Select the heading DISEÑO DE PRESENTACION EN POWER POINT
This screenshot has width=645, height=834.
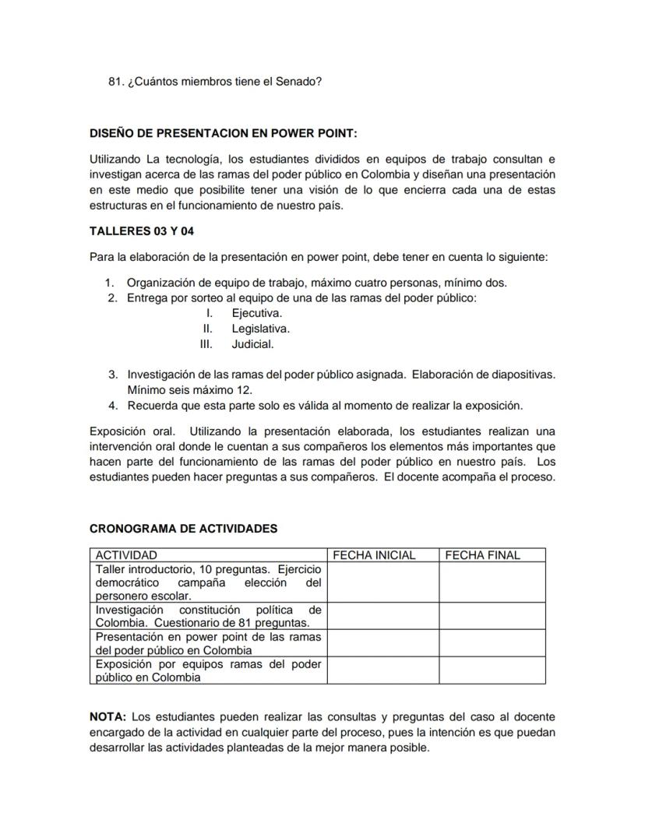pos(224,133)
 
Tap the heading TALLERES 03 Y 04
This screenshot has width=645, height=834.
pos(142,231)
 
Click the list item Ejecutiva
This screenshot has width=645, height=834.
pos(256,313)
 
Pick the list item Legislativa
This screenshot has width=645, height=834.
pos(260,329)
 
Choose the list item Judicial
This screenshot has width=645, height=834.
pos(252,344)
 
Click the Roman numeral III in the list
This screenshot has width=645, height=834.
pos(206,344)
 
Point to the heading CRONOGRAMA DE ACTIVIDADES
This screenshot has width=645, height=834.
pos(183,528)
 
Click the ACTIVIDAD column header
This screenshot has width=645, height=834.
pos(126,555)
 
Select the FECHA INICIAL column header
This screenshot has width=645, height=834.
pos(374,555)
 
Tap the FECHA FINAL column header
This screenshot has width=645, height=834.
pos(482,555)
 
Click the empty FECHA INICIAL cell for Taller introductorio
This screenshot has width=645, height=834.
pos(382,582)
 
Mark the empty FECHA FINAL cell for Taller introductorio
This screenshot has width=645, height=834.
pos(492,582)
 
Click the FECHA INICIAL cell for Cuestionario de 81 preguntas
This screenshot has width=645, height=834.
pos(382,616)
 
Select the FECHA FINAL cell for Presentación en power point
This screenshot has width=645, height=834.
pos(492,643)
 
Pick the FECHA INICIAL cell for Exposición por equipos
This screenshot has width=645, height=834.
pos(382,670)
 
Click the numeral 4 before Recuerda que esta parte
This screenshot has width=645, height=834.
pos(112,406)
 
